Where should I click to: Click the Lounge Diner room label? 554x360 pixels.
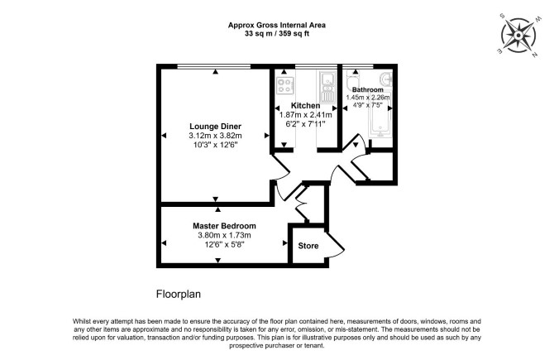pyautogui.click(x=215, y=127)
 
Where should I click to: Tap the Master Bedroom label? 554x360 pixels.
pyautogui.click(x=224, y=226)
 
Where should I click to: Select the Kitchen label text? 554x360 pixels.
pyautogui.click(x=306, y=105)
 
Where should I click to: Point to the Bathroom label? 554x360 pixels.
pyautogui.click(x=368, y=89)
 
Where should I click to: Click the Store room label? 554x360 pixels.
pyautogui.click(x=308, y=246)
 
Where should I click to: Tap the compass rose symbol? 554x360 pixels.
pyautogui.click(x=518, y=36)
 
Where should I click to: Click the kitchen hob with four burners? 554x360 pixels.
pyautogui.click(x=285, y=86)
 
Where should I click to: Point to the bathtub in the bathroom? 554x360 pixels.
pyautogui.click(x=380, y=118)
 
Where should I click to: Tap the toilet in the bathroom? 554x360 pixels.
pyautogui.click(x=351, y=80)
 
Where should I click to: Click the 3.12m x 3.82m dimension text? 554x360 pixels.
pyautogui.click(x=215, y=136)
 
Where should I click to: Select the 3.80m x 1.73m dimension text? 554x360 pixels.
pyautogui.click(x=224, y=235)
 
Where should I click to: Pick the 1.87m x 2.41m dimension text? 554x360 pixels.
pyautogui.click(x=306, y=114)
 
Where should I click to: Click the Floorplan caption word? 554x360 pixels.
pyautogui.click(x=179, y=295)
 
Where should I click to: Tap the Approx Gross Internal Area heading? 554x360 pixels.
pyautogui.click(x=277, y=25)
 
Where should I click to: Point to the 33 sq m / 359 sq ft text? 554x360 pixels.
pyautogui.click(x=277, y=34)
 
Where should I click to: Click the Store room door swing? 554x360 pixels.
pyautogui.click(x=335, y=245)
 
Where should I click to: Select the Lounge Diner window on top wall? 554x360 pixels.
pyautogui.click(x=214, y=66)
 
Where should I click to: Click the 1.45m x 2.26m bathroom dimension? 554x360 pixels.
pyautogui.click(x=368, y=98)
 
